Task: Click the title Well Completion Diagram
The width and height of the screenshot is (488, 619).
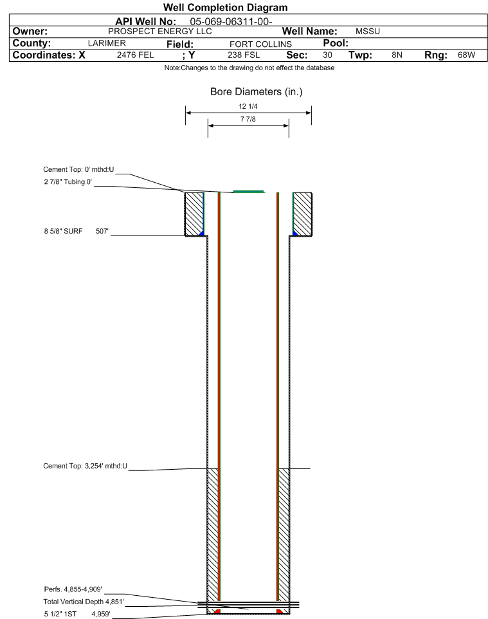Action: [225, 8]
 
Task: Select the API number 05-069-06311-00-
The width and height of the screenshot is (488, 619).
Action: [231, 21]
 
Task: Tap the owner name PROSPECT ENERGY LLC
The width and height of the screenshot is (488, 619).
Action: [160, 31]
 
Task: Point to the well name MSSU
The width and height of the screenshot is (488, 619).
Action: [368, 31]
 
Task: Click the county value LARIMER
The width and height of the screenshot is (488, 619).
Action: [107, 43]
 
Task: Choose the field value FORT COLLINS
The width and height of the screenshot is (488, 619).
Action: [260, 44]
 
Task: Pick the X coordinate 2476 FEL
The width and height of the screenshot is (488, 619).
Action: [135, 55]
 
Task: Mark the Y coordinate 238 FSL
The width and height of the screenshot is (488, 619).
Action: [244, 55]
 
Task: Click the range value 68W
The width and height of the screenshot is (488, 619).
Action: [466, 55]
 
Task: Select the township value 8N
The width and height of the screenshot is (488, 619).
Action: [397, 55]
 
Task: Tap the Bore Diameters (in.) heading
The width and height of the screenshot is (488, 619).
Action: [256, 91]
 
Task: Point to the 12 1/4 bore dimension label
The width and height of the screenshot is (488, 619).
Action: [248, 106]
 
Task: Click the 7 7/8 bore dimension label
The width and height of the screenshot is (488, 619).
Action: [248, 119]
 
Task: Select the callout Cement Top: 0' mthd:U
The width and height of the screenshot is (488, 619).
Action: [78, 169]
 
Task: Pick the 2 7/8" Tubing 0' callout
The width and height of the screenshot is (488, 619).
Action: [68, 181]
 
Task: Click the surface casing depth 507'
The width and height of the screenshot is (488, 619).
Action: [102, 231]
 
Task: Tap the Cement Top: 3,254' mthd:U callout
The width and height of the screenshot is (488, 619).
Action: [86, 466]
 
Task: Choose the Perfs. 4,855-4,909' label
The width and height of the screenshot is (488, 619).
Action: [73, 589]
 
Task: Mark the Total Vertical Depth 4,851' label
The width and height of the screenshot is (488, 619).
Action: [83, 602]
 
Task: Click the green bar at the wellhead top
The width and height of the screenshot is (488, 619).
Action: [249, 192]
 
